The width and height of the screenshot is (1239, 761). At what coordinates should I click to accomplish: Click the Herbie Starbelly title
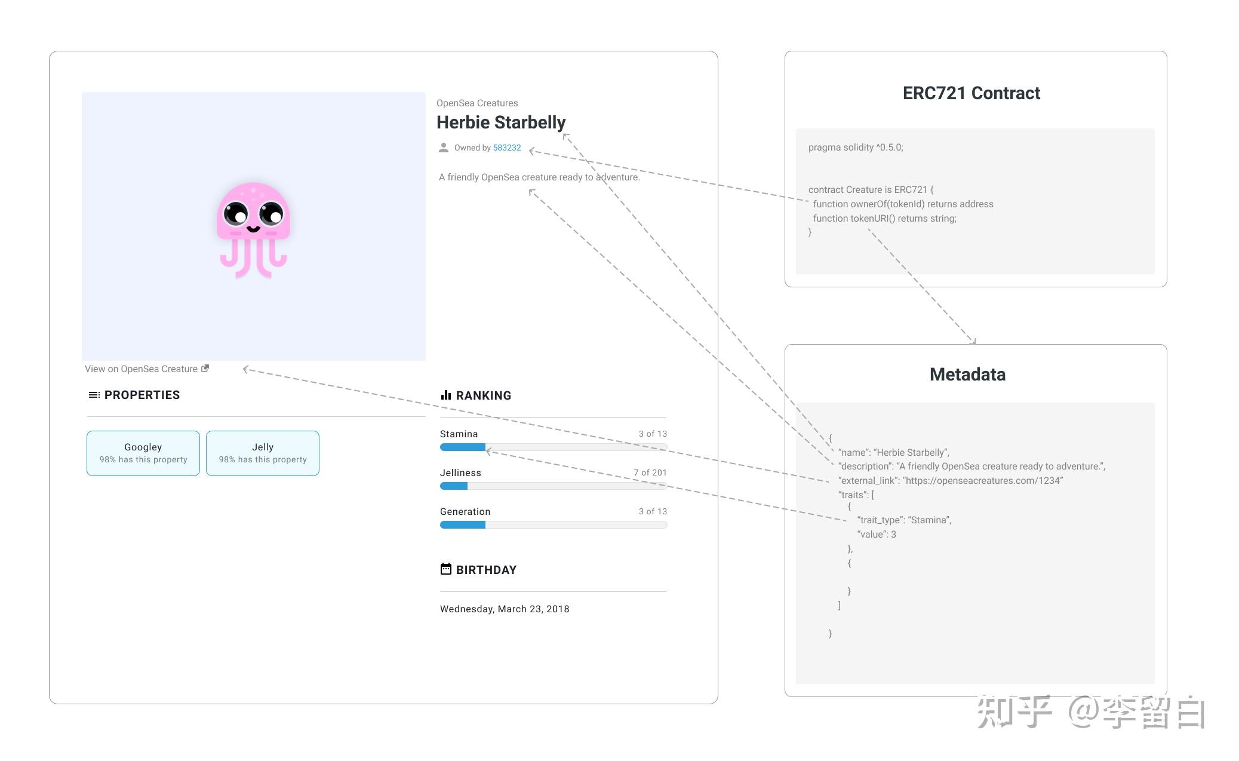point(501,122)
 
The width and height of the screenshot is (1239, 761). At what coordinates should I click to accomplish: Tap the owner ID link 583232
point(507,148)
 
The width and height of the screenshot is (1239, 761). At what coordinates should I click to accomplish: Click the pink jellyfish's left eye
point(236,213)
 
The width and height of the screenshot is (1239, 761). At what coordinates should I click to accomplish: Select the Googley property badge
point(143,453)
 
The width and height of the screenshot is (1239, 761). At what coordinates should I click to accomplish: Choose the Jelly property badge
point(263,453)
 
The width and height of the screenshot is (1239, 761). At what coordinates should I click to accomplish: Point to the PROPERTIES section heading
point(142,395)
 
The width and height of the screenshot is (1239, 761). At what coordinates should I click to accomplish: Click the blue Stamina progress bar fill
point(463,447)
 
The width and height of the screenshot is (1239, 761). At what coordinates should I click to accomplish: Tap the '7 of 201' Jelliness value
point(650,472)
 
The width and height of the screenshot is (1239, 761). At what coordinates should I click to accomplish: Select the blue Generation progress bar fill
point(463,525)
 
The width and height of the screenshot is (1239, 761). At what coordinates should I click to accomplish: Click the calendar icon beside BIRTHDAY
point(446,569)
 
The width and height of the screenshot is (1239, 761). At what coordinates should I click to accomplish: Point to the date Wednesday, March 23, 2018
point(505,609)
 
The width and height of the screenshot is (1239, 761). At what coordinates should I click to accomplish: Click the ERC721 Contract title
point(971,93)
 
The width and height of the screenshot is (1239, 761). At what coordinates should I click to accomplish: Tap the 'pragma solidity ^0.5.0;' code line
point(856,148)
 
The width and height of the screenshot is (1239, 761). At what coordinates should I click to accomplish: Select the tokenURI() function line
point(885,219)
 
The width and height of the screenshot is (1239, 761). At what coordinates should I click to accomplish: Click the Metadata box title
point(968,375)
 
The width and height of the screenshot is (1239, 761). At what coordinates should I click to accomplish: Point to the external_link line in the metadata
point(951,481)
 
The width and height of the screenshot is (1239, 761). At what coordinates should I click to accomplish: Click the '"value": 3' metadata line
point(877,535)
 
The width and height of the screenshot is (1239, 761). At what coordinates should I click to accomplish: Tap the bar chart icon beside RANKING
point(446,395)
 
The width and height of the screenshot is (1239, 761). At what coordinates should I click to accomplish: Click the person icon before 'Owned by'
point(444,148)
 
